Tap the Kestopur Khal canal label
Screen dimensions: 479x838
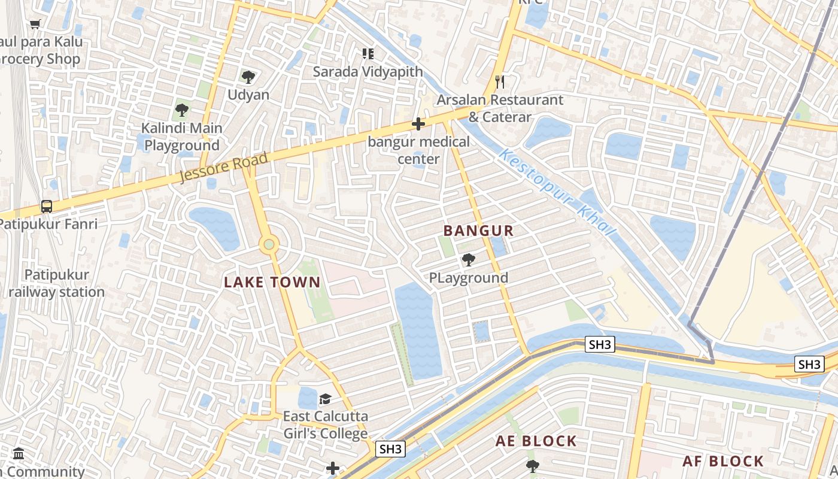pos(557,192)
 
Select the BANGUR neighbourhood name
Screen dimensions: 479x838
pos(478,231)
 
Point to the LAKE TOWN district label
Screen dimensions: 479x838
pos(272,282)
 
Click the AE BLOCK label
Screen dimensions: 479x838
pos(536,441)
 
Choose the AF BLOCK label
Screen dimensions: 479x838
pos(723,461)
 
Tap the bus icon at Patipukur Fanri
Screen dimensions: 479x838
pos(47,207)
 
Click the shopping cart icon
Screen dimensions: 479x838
pos(35,25)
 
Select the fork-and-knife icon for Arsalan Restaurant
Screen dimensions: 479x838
pos(500,82)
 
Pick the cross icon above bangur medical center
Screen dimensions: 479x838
pos(418,125)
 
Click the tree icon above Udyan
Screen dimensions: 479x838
pos(248,77)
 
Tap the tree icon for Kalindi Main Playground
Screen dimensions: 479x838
pos(182,110)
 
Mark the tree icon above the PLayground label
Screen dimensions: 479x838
pos(469,260)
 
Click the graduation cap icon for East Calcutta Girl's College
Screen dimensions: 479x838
pos(325,399)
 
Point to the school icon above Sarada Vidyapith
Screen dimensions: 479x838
pos(368,54)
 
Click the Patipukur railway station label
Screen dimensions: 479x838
pos(57,283)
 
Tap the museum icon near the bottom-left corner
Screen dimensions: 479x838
pos(19,453)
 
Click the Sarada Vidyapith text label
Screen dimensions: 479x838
pos(368,72)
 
